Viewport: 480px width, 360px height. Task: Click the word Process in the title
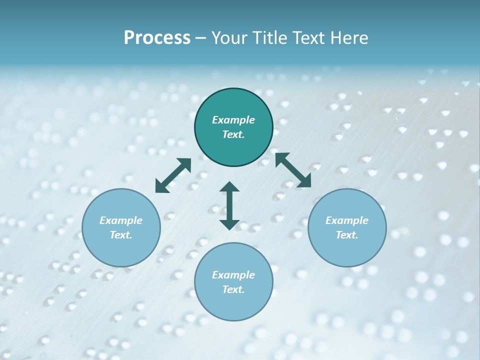point(157,38)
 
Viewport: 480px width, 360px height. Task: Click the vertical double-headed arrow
point(229,205)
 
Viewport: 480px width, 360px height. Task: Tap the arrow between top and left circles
point(173,175)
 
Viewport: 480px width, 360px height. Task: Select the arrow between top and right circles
point(293,170)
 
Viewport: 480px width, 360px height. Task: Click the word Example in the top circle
point(233,120)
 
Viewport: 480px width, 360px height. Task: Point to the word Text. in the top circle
point(233,134)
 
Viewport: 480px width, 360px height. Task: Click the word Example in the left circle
point(121,220)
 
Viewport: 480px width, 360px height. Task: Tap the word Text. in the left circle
point(121,235)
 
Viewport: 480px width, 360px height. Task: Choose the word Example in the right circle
point(347,220)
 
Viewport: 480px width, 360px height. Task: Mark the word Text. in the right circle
point(347,235)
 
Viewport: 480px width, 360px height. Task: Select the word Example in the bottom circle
point(233,275)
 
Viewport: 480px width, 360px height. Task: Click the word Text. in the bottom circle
point(233,289)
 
